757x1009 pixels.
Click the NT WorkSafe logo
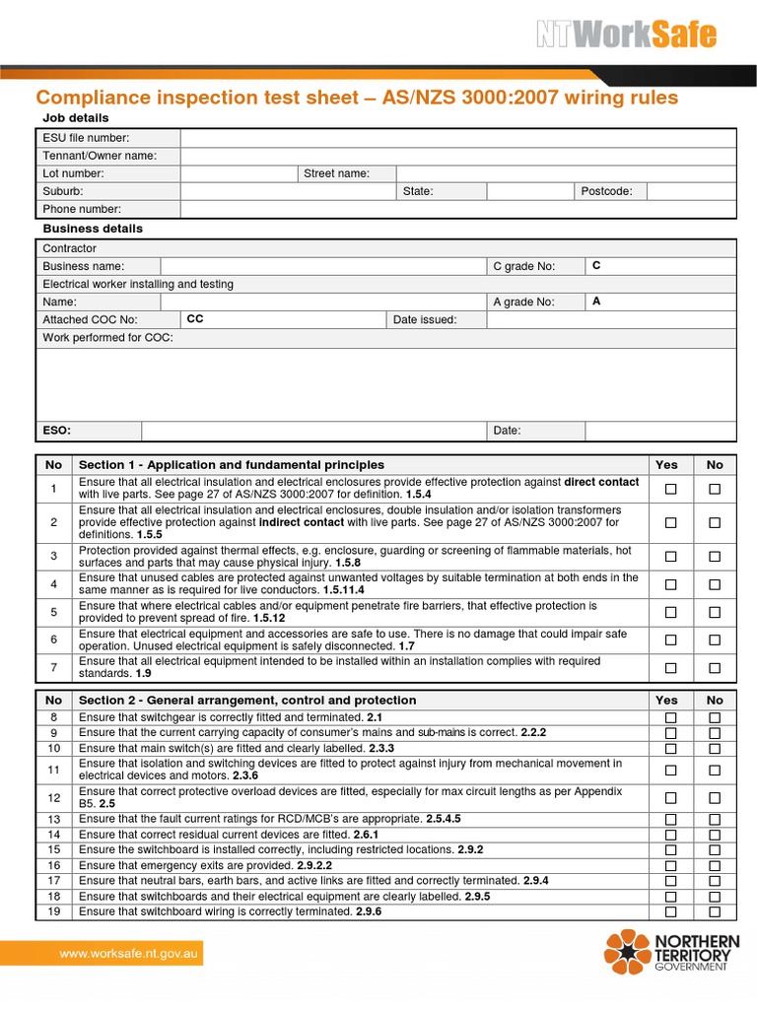tap(626, 35)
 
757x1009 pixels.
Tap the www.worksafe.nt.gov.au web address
tap(130, 953)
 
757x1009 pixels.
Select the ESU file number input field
tap(457, 138)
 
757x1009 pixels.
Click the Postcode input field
tap(691, 191)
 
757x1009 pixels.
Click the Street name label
tap(336, 173)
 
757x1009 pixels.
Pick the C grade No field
tap(659, 266)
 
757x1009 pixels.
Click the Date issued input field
tap(610, 320)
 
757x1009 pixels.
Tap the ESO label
tap(56, 431)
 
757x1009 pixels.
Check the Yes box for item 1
tap(671, 489)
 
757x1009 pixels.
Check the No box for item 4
tap(715, 584)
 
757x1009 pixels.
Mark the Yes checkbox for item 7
tap(671, 668)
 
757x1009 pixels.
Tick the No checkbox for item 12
tap(715, 797)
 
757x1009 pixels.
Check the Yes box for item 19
tap(671, 912)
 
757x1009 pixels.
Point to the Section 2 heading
tap(247, 700)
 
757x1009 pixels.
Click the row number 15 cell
tap(53, 849)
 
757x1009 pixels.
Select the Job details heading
tap(76, 118)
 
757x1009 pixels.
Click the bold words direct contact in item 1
tap(600, 482)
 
